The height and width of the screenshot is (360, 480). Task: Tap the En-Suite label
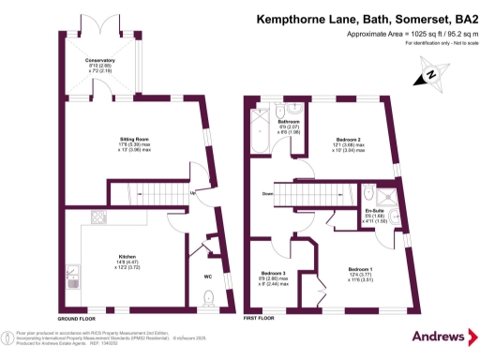375,211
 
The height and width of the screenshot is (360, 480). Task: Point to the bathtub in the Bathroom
259,131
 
